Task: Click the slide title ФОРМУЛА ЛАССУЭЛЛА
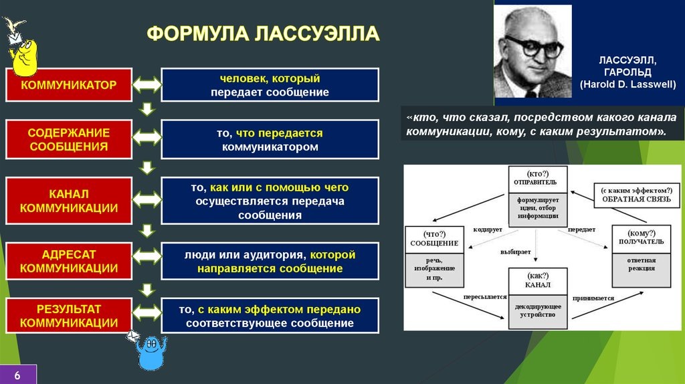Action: point(262,34)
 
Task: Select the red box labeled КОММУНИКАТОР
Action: point(69,84)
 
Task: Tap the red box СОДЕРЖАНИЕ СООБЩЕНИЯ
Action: point(69,140)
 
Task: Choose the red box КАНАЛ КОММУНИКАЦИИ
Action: point(69,199)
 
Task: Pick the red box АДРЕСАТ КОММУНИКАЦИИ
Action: point(69,261)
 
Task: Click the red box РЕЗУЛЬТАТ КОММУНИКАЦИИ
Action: point(69,316)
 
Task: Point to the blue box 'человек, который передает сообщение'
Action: point(270,85)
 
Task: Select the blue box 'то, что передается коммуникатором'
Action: point(270,140)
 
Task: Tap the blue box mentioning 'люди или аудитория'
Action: point(270,262)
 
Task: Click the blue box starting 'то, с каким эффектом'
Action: point(270,316)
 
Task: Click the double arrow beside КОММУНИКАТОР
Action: point(147,85)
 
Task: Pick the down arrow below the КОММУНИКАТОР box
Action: point(148,109)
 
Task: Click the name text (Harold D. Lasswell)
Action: point(628,84)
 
